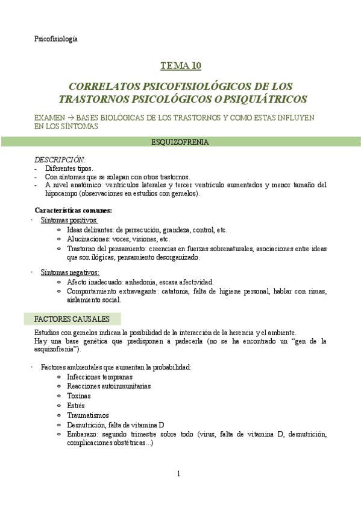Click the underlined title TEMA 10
coord(180,66)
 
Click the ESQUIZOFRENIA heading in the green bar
coord(180,142)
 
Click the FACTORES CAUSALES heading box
coord(72,318)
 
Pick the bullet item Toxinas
coord(79,395)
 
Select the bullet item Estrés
coord(76,405)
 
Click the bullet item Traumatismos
coord(88,415)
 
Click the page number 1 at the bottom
coord(179,473)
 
